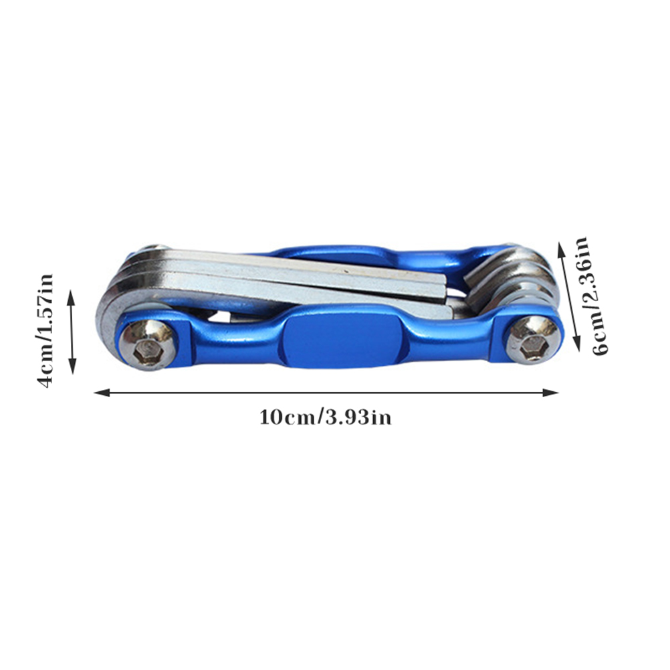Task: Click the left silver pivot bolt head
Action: point(148,344)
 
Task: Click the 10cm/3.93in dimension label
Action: point(325,417)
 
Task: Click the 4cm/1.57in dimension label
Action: point(45,330)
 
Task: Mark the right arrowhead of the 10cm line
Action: point(550,393)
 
